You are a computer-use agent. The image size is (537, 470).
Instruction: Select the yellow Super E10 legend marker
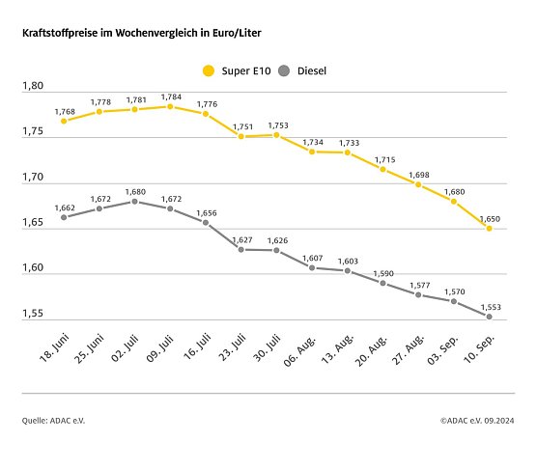click(207, 69)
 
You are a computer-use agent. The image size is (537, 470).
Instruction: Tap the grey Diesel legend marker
click(283, 69)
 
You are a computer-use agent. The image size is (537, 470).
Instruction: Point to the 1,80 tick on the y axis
click(34, 87)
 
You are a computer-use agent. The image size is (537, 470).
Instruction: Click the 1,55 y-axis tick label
click(34, 314)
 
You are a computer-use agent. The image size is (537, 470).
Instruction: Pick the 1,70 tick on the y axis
click(34, 178)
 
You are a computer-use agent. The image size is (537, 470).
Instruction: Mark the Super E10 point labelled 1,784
click(170, 106)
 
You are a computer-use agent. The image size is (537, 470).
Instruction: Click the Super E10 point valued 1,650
click(490, 229)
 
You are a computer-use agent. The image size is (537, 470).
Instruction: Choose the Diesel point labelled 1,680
click(135, 201)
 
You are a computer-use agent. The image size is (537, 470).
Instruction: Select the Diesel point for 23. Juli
click(241, 249)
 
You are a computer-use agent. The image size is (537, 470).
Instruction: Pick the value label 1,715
click(382, 157)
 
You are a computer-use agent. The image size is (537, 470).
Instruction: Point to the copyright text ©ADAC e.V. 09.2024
click(477, 421)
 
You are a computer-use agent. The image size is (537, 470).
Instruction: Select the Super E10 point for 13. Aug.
click(348, 152)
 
